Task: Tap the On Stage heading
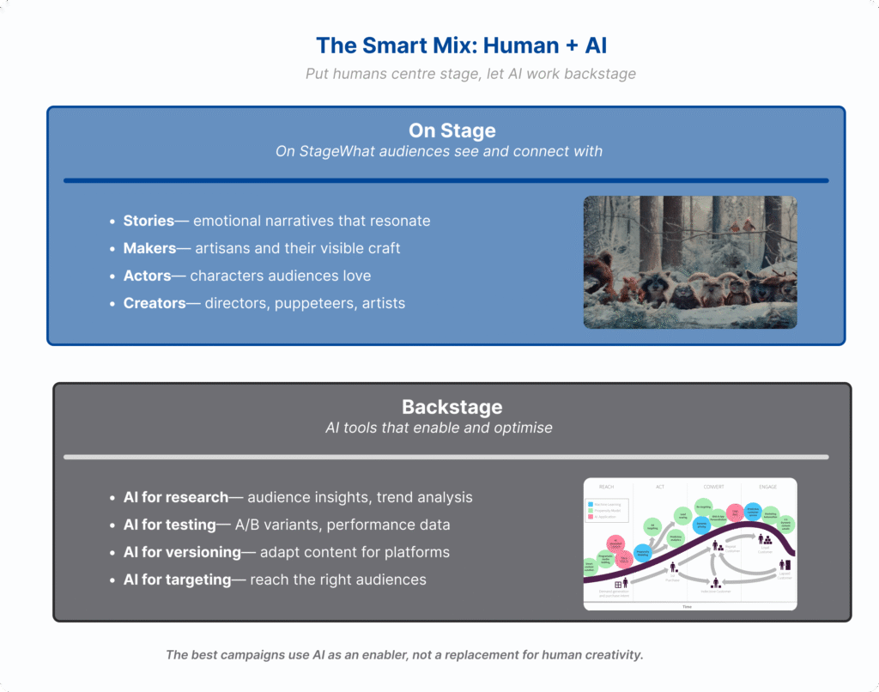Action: pos(452,131)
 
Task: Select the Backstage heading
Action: pos(452,406)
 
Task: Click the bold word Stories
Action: pos(149,221)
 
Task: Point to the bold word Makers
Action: pos(149,248)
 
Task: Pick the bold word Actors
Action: pos(147,276)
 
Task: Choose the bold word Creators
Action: pos(154,303)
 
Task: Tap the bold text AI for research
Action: pos(176,497)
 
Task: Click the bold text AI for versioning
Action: pos(182,552)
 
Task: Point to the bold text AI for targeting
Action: pos(178,580)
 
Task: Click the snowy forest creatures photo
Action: pos(689,262)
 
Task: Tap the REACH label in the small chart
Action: pos(605,487)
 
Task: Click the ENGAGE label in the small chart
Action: pos(767,487)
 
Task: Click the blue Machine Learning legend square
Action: pos(590,504)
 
